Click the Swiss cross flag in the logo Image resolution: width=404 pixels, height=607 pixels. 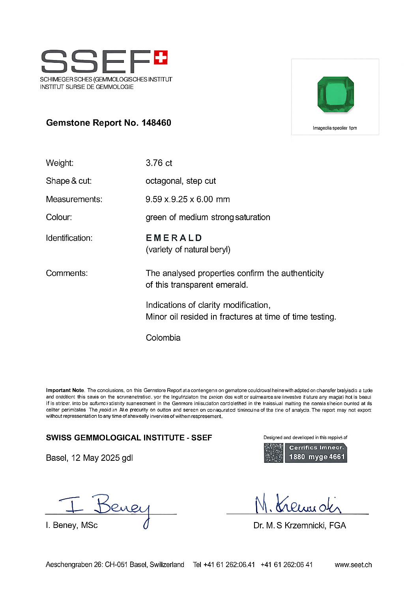pyautogui.click(x=161, y=57)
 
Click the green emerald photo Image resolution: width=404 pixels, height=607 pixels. pyautogui.click(x=336, y=94)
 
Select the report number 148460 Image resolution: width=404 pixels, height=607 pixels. pyautogui.click(x=156, y=123)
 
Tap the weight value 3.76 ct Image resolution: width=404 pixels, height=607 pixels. pyautogui.click(x=159, y=163)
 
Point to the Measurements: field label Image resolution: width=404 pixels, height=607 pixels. pyautogui.click(x=74, y=199)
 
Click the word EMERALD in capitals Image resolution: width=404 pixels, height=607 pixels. pyautogui.click(x=174, y=238)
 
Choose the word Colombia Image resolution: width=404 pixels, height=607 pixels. pyautogui.click(x=163, y=338)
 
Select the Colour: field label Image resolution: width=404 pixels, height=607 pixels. pyautogui.click(x=59, y=217)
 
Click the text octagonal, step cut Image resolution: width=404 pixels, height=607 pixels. pyautogui.click(x=181, y=181)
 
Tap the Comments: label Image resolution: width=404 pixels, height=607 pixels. pyautogui.click(x=67, y=273)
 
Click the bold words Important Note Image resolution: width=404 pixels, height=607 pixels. pyautogui.click(x=65, y=390)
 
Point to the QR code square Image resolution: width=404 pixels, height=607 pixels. pyautogui.click(x=273, y=453)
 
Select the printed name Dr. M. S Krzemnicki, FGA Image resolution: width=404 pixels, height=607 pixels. pyautogui.click(x=300, y=526)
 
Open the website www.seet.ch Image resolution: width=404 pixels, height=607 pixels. pyautogui.click(x=353, y=565)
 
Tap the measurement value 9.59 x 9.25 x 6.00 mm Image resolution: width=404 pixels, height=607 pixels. pyautogui.click(x=188, y=199)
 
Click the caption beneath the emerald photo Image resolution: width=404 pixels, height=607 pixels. pyautogui.click(x=335, y=128)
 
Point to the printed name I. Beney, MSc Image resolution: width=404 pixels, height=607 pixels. pyautogui.click(x=72, y=525)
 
